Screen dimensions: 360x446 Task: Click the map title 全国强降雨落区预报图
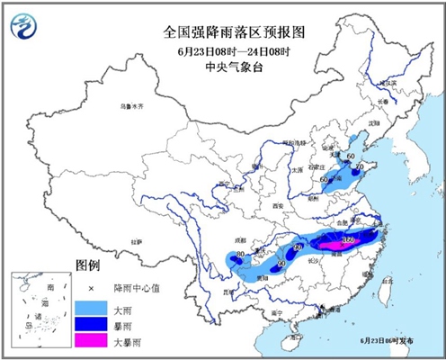click(x=223, y=31)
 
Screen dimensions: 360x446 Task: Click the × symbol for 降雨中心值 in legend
click(x=90, y=287)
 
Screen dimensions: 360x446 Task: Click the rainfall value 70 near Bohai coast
click(x=360, y=167)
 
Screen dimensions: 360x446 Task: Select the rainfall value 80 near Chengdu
click(x=239, y=256)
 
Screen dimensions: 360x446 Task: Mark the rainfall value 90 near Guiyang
click(x=280, y=263)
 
